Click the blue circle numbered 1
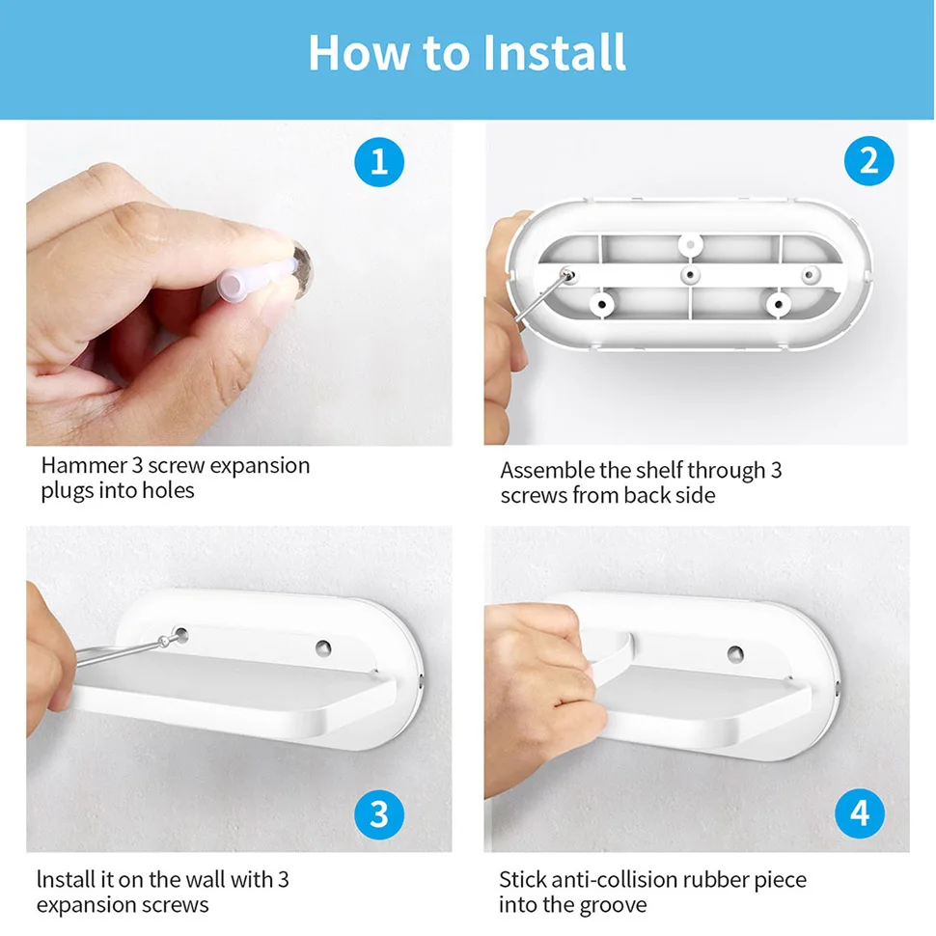pyautogui.click(x=379, y=162)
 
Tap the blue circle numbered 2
pyautogui.click(x=868, y=161)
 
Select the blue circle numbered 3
pyautogui.click(x=379, y=814)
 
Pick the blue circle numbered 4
pyautogui.click(x=860, y=813)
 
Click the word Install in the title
pyautogui.click(x=554, y=52)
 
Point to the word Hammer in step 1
pyautogui.click(x=84, y=465)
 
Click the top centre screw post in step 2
pyautogui.click(x=691, y=244)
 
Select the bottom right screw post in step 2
pyautogui.click(x=779, y=305)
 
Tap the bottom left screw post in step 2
pyautogui.click(x=602, y=304)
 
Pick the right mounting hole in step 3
pyautogui.click(x=323, y=647)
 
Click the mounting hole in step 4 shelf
pyautogui.click(x=735, y=654)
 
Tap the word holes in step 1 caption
pyautogui.click(x=168, y=490)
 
